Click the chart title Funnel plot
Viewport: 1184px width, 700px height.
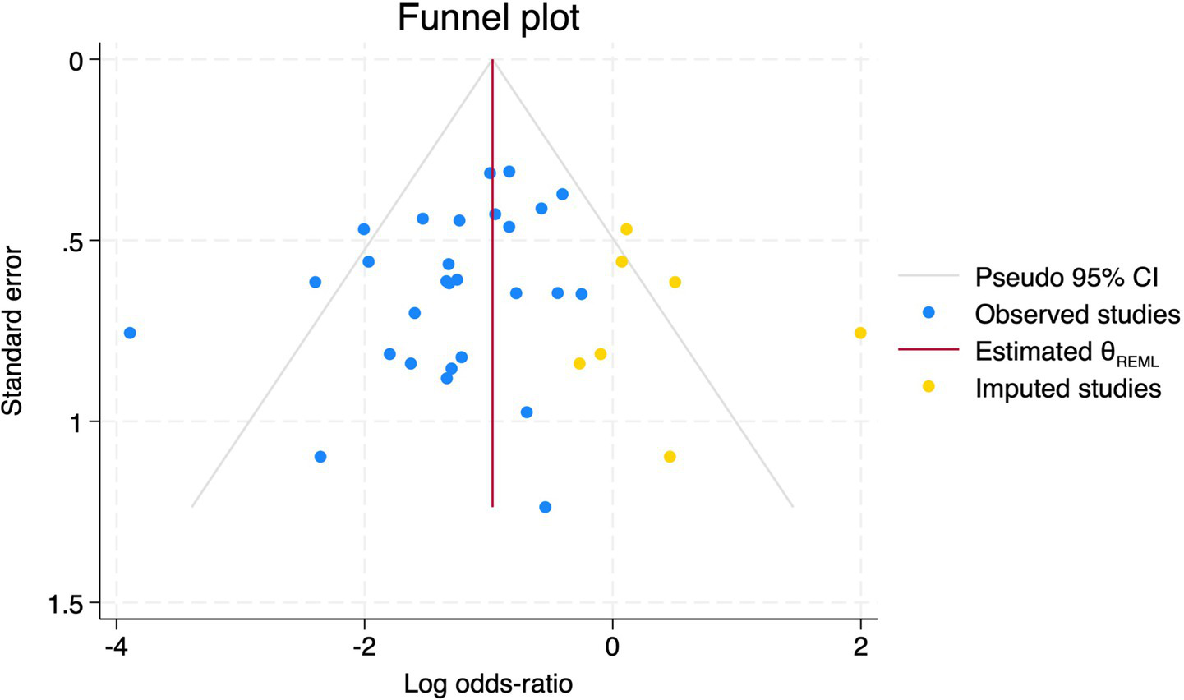click(488, 18)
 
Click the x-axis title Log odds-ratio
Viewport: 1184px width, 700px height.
click(488, 683)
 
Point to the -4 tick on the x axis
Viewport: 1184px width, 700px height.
click(117, 646)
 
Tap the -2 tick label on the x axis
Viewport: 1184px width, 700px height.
click(364, 646)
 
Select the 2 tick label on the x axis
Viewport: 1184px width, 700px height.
click(860, 646)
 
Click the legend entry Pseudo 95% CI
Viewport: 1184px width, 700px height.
click(1067, 277)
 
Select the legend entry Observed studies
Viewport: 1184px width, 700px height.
click(1077, 314)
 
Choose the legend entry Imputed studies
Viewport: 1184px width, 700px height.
click(1068, 388)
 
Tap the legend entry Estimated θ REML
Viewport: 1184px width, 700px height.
click(1067, 352)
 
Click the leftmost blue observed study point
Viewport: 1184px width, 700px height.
click(129, 333)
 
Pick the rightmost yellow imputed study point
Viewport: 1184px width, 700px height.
click(860, 333)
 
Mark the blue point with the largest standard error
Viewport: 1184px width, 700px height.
click(545, 507)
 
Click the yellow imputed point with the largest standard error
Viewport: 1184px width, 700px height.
click(670, 457)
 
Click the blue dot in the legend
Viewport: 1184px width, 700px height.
click(928, 312)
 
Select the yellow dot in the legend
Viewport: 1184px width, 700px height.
click(928, 386)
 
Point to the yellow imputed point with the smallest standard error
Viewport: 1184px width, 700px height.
click(626, 229)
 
